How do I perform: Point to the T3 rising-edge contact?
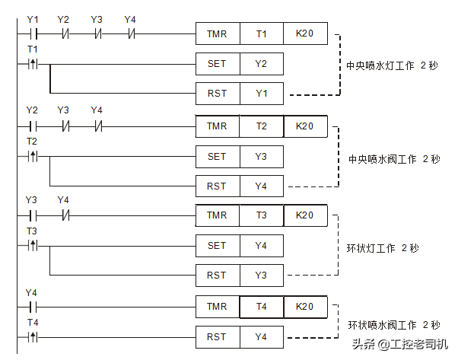[32, 246]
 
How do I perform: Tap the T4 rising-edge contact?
[32, 336]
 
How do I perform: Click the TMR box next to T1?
[217, 34]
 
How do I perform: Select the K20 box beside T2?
[305, 126]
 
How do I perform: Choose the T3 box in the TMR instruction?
[261, 215]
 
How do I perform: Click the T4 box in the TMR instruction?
[261, 307]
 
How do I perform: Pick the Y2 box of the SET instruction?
[261, 64]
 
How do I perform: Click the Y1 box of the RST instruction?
[261, 94]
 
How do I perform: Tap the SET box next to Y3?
[217, 156]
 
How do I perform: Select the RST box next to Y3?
[217, 275]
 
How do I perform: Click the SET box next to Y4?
[217, 246]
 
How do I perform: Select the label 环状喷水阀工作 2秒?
[394, 325]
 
